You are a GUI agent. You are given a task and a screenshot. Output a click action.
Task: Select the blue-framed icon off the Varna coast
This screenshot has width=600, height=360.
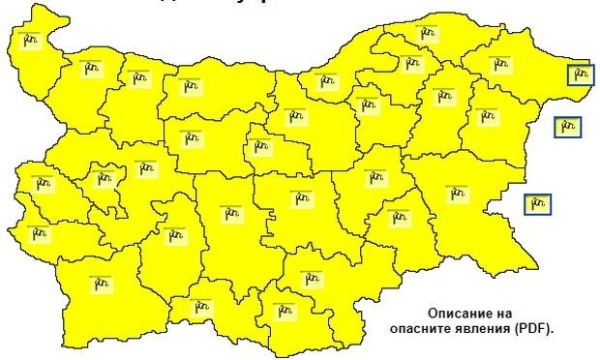(567, 126)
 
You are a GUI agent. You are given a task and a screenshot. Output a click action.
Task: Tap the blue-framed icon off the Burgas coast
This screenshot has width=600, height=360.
(537, 203)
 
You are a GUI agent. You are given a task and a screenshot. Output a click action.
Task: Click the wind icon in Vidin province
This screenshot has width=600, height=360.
(29, 40)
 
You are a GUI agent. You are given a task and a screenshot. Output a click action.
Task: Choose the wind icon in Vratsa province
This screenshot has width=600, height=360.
(141, 79)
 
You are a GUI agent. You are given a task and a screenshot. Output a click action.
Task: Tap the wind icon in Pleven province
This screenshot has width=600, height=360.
(187, 85)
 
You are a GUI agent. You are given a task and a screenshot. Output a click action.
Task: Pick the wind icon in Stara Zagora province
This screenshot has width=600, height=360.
(303, 198)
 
